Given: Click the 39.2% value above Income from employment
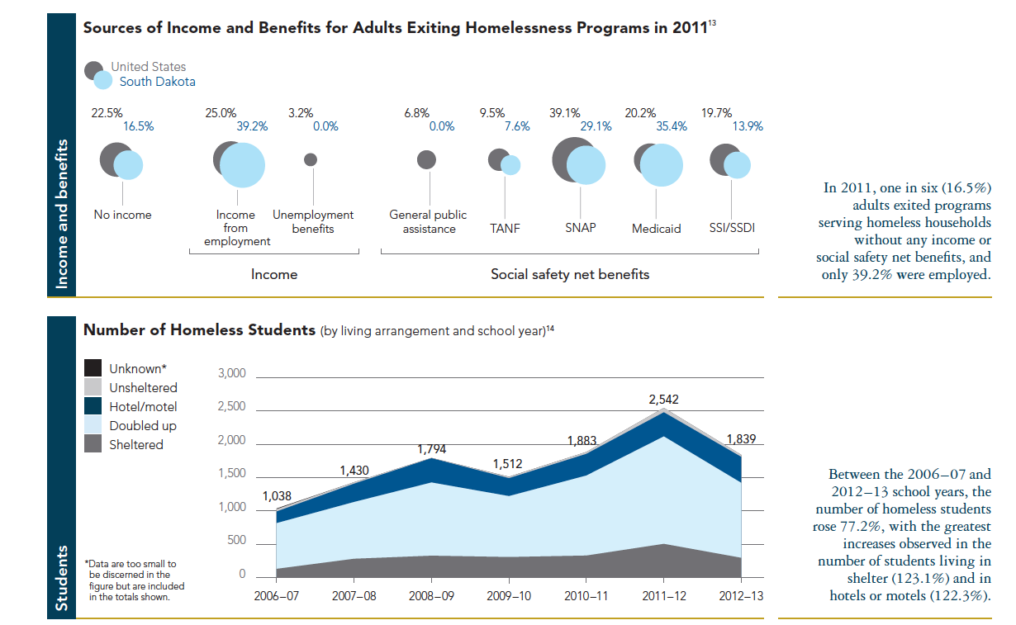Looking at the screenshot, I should coord(253,127).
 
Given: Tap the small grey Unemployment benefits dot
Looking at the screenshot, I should coord(311,159).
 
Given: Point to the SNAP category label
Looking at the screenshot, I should coord(580,228).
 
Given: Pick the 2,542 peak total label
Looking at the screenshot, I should coord(665,400).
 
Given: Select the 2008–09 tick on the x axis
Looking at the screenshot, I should coord(434,595).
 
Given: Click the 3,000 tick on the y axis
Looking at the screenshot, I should coord(231,374).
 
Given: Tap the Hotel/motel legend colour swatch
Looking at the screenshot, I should coord(93,406).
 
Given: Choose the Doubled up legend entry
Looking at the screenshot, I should coord(143,426).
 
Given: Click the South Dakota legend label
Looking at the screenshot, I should coord(157,82).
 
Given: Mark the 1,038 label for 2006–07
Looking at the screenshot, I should coord(277,496).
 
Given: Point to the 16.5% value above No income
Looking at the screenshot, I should coord(138,127).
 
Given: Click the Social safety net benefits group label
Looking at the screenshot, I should coord(570,274).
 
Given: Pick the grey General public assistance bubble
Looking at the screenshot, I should coord(426,159).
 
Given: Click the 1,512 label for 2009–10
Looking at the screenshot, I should coord(507,465).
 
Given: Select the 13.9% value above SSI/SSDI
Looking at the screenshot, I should coord(748,127).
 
